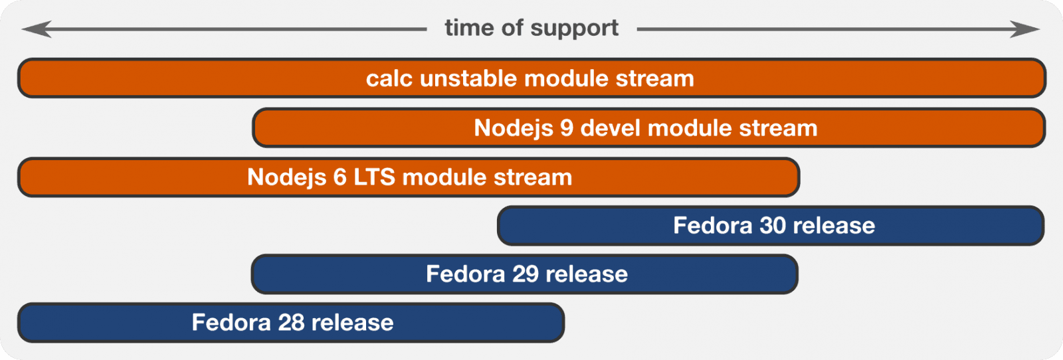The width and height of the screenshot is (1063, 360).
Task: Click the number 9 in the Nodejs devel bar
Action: pos(567,128)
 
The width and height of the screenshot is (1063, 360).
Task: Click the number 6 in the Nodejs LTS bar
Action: pos(339,177)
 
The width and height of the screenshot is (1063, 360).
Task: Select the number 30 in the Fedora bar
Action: pos(773,226)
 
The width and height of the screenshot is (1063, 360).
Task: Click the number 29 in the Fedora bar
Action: pos(526,274)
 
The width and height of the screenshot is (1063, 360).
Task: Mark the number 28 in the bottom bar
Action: pos(292,323)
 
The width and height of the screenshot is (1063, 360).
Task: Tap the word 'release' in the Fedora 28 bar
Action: pos(352,323)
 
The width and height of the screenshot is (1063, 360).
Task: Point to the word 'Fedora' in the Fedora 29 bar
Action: pos(466,274)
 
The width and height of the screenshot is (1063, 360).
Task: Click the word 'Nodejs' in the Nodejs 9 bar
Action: pos(514,128)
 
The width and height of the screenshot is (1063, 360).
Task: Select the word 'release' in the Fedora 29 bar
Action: pos(587,274)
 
